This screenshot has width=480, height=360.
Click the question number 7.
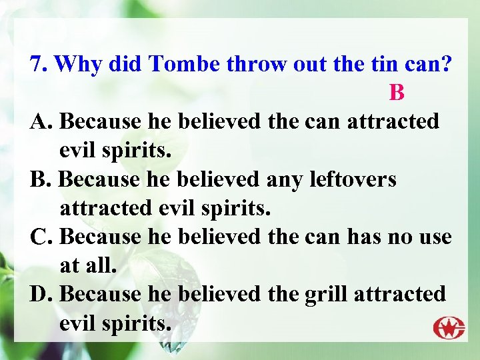point(39,64)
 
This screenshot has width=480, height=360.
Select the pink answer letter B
point(397,93)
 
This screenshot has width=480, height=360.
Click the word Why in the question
point(77,64)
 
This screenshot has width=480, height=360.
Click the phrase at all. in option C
point(88,265)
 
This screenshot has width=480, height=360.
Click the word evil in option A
point(77,150)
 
